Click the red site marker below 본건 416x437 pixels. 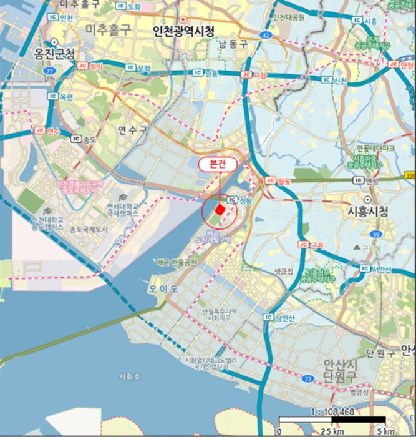pos(220,209)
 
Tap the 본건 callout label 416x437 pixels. pos(218,165)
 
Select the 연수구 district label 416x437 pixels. pos(133,130)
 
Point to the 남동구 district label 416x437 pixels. pos(233,44)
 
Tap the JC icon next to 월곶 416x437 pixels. pos(270,180)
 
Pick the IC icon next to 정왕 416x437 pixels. pos(231,200)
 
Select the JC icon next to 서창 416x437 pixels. pos(245,74)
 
